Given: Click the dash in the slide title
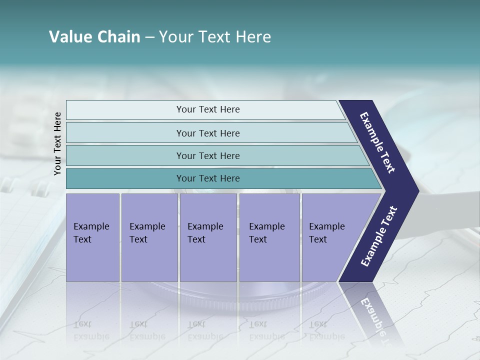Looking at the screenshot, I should (149, 37).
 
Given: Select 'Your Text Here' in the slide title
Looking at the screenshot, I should (215, 37).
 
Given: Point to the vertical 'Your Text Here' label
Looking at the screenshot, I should (57, 143).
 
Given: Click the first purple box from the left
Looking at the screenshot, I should (92, 237).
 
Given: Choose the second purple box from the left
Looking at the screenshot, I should (149, 237).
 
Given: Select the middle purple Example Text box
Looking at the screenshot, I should (208, 237).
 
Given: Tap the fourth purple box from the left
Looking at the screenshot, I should (269, 237).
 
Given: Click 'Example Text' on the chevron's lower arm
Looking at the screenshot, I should (379, 236).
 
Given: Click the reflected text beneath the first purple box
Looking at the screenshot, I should (91, 330).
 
